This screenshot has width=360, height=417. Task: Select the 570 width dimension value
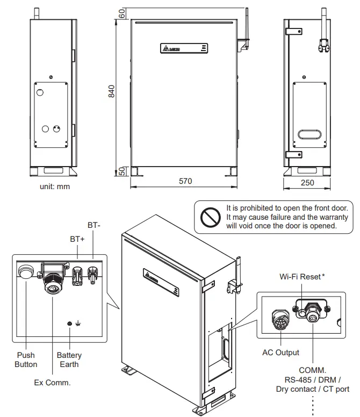185,182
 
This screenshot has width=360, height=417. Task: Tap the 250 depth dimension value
307,183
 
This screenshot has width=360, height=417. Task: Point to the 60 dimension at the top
121,14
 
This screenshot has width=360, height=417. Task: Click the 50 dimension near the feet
121,170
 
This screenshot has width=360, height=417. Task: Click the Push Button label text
26,360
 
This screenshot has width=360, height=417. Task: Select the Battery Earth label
69,360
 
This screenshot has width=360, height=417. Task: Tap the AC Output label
281,353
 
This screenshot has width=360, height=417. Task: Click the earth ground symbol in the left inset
78,323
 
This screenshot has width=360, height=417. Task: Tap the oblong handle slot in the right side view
308,134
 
